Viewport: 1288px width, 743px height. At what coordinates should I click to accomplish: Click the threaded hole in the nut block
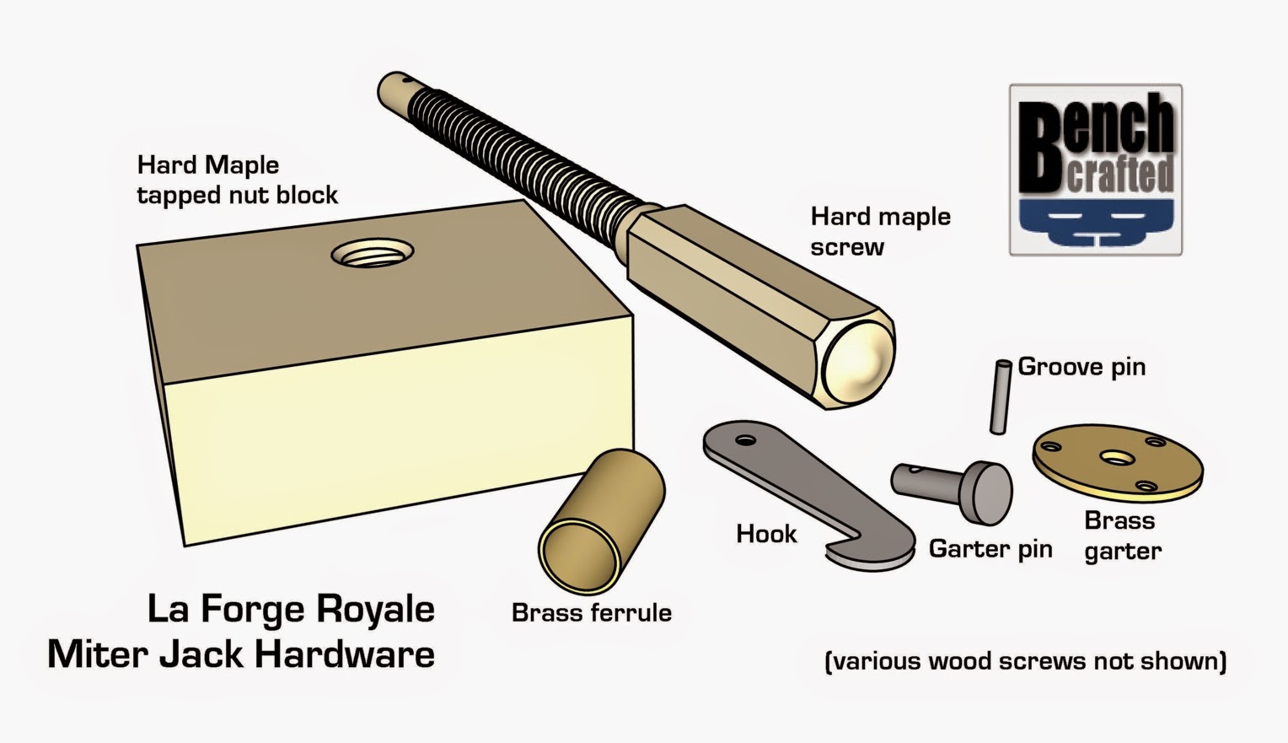click(373, 252)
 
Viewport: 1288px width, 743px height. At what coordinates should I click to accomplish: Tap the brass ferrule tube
click(601, 520)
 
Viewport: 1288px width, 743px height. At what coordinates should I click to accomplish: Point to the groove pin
click(1001, 396)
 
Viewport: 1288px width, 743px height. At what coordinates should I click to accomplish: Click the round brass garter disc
click(1118, 459)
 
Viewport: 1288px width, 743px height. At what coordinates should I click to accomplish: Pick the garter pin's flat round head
click(990, 493)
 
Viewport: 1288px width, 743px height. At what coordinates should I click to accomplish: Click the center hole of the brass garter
click(1116, 458)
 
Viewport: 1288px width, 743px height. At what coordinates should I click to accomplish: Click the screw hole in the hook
click(745, 440)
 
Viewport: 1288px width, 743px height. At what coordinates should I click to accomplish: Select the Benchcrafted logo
click(1095, 170)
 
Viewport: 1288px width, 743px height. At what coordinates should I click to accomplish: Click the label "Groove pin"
click(1081, 367)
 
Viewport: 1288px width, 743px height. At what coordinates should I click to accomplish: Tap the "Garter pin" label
click(990, 549)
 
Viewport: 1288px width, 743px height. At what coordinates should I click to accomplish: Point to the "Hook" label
click(766, 534)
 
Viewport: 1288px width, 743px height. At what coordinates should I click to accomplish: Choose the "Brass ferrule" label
click(592, 612)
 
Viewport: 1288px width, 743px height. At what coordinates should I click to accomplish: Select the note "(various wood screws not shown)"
click(1025, 660)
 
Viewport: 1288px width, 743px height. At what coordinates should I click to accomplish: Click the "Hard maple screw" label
click(880, 231)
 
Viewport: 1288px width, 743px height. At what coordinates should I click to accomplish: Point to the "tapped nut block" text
click(237, 195)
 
